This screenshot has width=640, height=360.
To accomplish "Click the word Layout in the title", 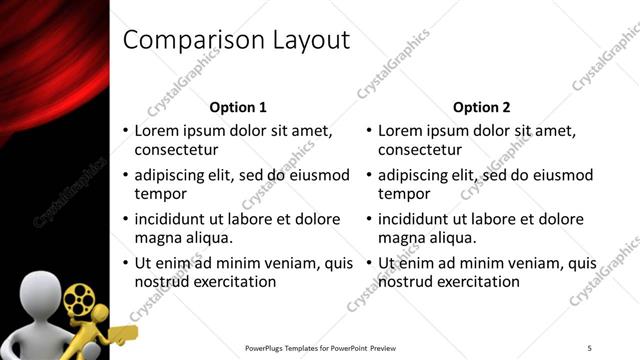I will pyautogui.click(x=307, y=40).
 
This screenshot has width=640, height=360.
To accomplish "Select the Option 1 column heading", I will pyautogui.click(x=238, y=106).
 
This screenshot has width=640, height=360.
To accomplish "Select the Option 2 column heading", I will pyautogui.click(x=482, y=106).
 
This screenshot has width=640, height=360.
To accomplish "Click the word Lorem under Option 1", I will pyautogui.click(x=156, y=130).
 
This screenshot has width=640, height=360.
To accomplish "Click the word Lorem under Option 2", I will pyautogui.click(x=400, y=130).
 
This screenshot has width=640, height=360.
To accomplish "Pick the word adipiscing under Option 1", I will pyautogui.click(x=173, y=175).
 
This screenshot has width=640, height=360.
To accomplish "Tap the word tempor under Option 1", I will pyautogui.click(x=158, y=194).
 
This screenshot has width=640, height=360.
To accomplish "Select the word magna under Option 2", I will pyautogui.click(x=400, y=238).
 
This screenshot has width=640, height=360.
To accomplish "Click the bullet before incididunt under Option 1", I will pyautogui.click(x=125, y=219).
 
